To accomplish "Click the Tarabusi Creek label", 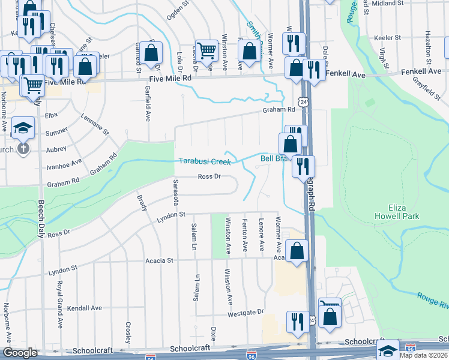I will click(x=205, y=161).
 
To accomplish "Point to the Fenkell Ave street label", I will click(x=345, y=74).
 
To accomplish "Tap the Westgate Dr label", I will click(x=246, y=313).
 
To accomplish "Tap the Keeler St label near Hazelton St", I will click(x=387, y=37).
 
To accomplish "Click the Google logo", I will click(x=20, y=353).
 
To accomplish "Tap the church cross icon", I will click(x=23, y=148).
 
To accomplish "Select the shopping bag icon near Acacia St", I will click(x=297, y=250).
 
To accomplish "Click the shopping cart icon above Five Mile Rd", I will click(x=206, y=51).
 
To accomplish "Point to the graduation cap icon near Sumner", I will click(x=23, y=127).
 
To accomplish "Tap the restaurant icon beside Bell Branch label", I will click(x=304, y=166).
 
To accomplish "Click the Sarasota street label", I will click(x=176, y=192).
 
